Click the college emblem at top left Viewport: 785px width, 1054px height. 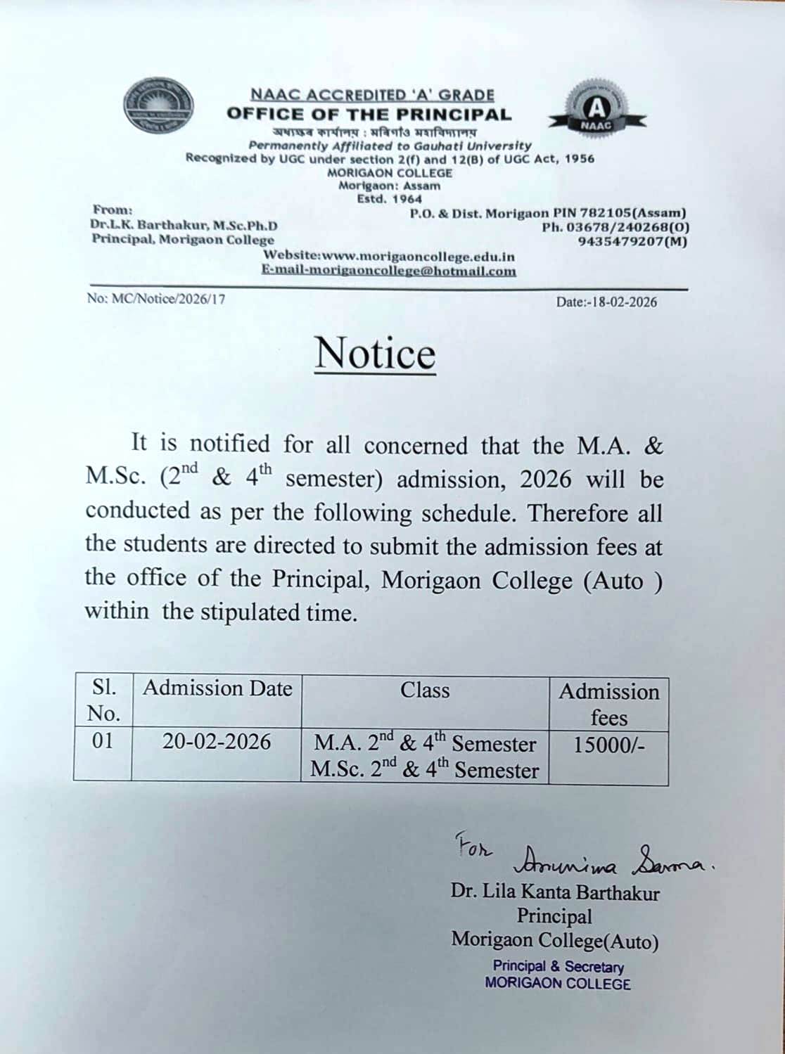click(158, 107)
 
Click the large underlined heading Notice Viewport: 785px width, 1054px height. click(375, 352)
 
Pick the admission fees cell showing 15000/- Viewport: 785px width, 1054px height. click(608, 745)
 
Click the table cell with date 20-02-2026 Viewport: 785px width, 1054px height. click(217, 742)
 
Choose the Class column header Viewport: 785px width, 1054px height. click(425, 690)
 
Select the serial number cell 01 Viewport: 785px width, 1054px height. click(103, 741)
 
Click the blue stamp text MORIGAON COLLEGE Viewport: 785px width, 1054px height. click(558, 984)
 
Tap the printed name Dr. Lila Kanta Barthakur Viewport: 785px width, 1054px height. click(555, 893)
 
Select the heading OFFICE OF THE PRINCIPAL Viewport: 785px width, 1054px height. click(369, 114)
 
